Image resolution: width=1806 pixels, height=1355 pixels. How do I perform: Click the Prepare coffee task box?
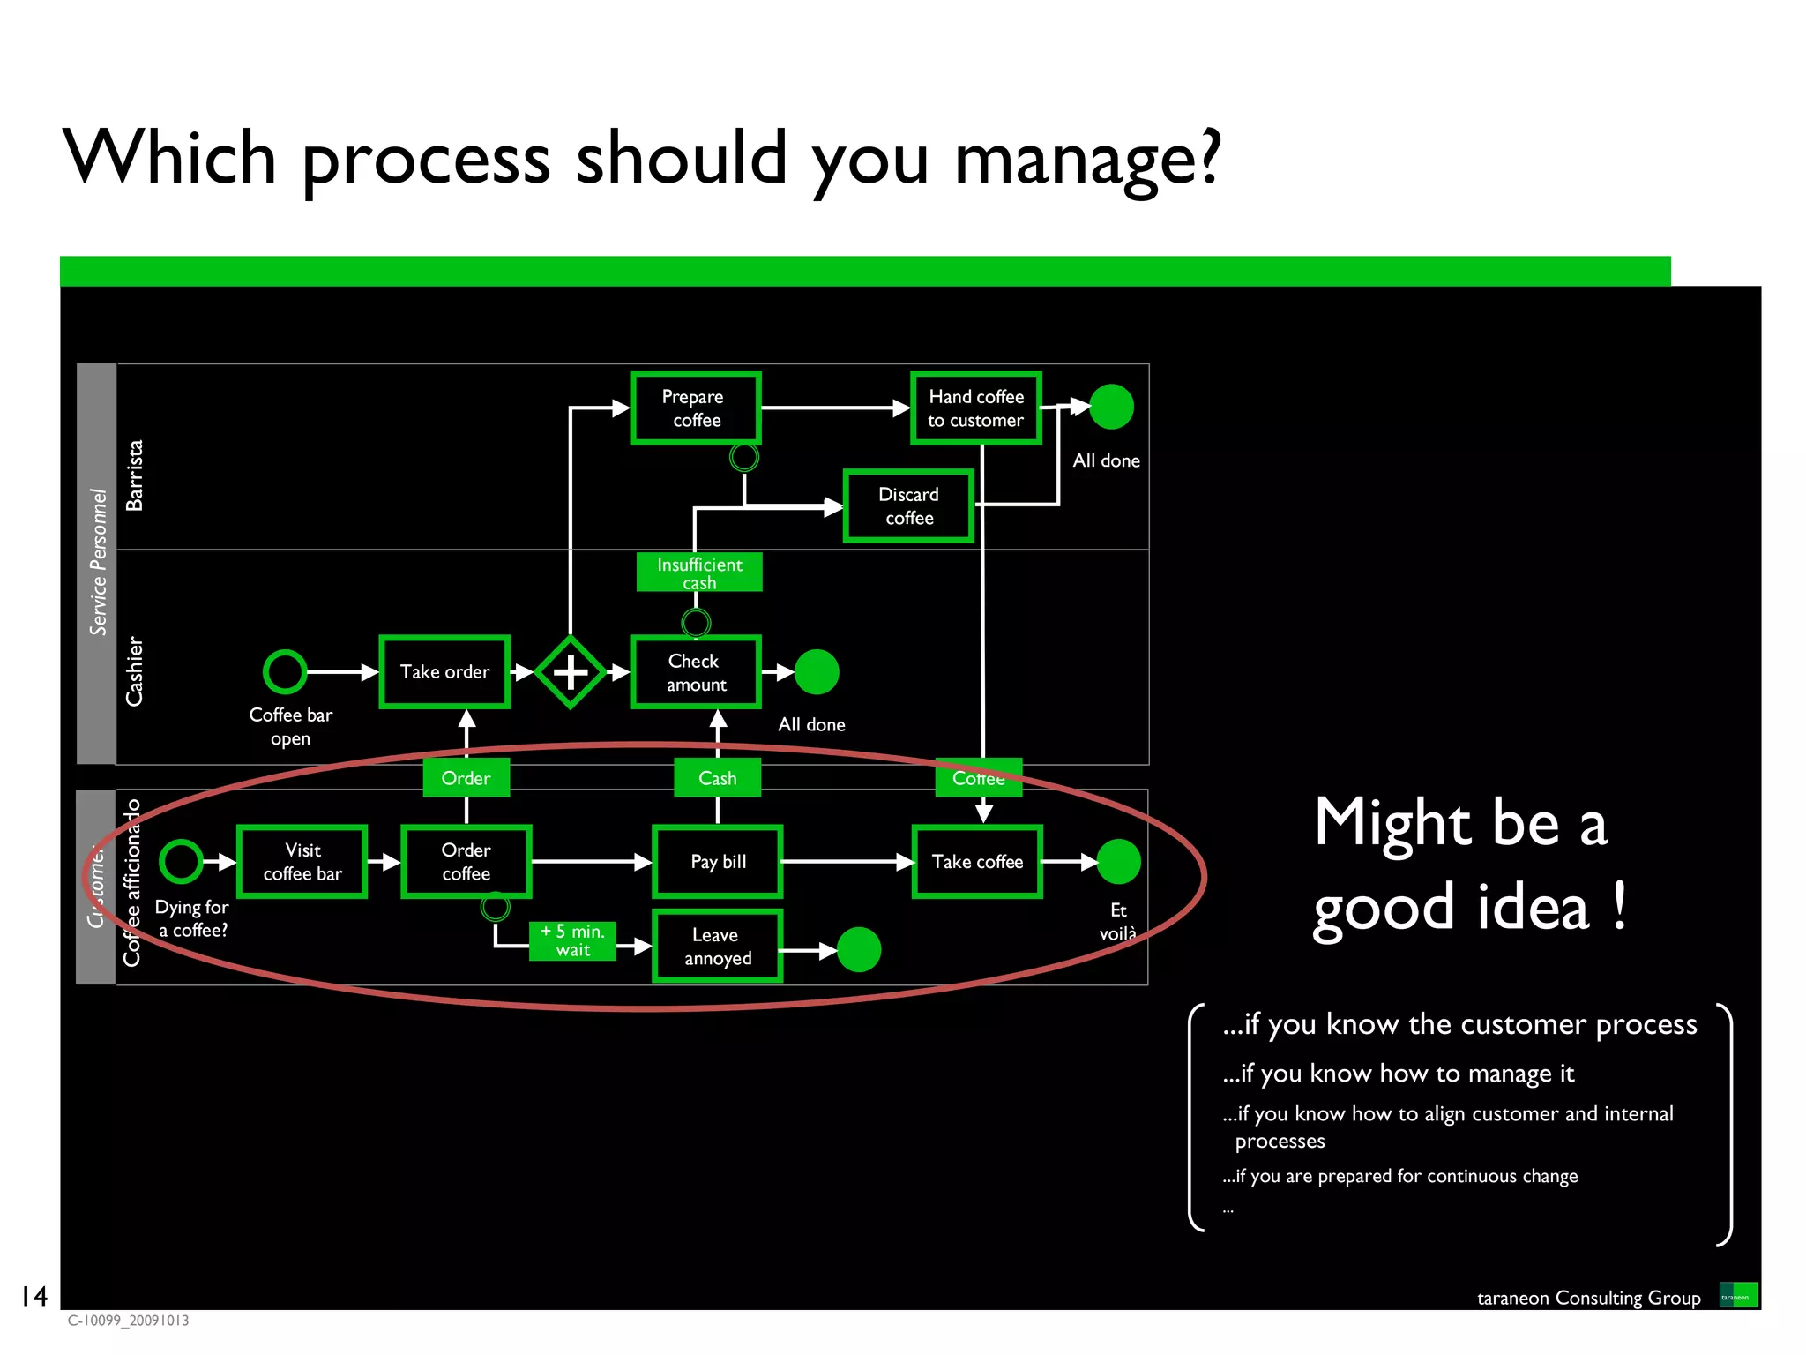coord(696,408)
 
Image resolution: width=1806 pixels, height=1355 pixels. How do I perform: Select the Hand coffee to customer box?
coord(976,408)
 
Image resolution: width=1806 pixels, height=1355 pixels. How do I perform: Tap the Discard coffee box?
coord(908,505)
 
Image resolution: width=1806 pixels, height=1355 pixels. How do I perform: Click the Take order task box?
coord(444,671)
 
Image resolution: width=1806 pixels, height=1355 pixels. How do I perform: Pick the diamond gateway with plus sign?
coord(571,672)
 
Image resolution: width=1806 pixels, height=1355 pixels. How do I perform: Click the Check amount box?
coord(696,672)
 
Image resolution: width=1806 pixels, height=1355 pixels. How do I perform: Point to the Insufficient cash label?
coord(699,573)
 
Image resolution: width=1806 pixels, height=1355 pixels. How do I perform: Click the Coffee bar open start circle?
coord(285,672)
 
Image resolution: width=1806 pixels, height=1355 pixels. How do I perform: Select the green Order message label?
coord(466,778)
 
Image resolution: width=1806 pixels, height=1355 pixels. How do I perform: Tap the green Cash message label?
coord(717,778)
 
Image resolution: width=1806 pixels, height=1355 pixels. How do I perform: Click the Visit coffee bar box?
coord(302,862)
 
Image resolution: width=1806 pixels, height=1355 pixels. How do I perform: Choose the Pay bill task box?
coord(718,862)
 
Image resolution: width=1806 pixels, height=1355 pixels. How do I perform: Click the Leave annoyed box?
coord(717,947)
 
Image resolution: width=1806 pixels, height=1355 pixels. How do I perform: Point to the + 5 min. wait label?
coord(572,940)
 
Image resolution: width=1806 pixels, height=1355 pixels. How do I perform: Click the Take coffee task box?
coord(977,862)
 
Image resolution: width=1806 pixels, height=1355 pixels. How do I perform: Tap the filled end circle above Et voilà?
coord(1118,862)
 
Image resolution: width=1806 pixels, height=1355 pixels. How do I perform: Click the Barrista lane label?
coord(134,475)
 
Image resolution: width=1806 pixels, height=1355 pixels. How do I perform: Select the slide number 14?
coord(34,1296)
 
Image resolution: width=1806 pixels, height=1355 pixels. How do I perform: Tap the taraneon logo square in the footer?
coord(1738,1295)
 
